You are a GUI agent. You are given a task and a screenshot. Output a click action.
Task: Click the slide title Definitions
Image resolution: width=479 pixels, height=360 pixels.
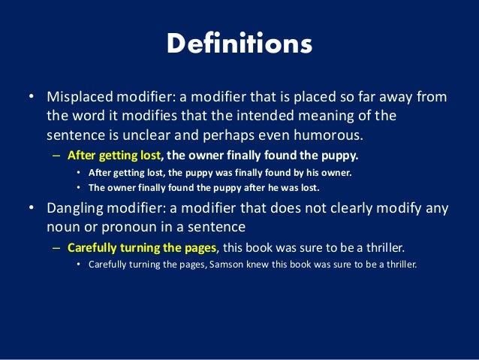[x=239, y=44]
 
